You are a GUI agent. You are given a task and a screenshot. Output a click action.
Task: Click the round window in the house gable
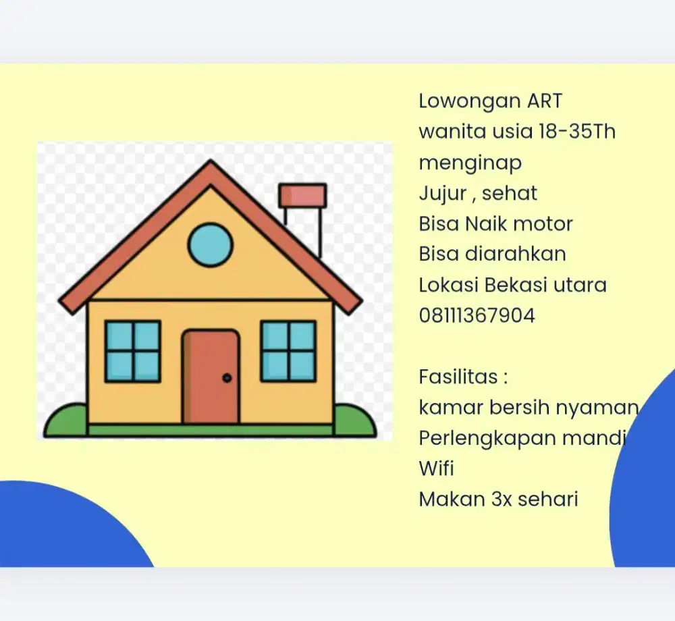click(x=210, y=245)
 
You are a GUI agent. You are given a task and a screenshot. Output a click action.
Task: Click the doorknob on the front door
click(x=227, y=378)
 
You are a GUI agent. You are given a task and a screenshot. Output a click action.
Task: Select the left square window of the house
click(x=133, y=351)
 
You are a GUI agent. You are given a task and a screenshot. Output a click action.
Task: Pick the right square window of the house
click(x=288, y=351)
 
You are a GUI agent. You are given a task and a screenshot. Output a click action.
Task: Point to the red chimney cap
click(x=302, y=195)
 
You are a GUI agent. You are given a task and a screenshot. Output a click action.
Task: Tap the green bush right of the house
click(x=354, y=421)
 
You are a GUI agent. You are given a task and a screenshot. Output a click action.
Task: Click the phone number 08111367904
click(x=477, y=315)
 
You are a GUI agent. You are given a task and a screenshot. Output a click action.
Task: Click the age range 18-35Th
click(x=576, y=131)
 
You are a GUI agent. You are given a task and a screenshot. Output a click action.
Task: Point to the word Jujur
click(x=443, y=194)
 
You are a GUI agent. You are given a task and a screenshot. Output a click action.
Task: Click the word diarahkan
click(x=515, y=254)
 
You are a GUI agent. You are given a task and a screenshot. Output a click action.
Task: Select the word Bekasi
click(x=516, y=284)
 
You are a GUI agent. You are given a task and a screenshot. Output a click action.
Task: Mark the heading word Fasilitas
click(x=458, y=376)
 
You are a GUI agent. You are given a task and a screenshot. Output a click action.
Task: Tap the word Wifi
click(x=436, y=468)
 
